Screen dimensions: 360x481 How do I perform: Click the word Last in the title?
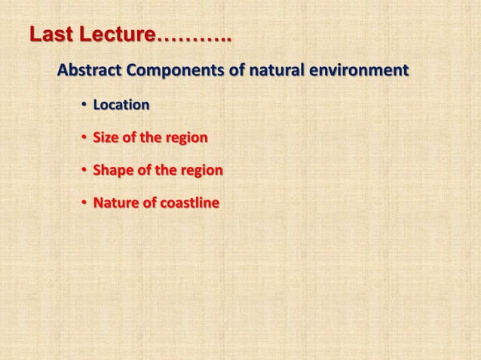[51, 35]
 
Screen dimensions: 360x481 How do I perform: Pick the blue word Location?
[121, 105]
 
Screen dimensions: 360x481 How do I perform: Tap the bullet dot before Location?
[85, 105]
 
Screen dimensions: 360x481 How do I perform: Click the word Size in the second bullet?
[106, 138]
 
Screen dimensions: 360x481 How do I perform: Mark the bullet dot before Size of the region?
[85, 139]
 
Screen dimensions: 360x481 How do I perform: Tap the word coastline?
[188, 203]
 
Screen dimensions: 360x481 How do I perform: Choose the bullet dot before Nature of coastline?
[85, 204]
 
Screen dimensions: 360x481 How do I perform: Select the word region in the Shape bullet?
[201, 171]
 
